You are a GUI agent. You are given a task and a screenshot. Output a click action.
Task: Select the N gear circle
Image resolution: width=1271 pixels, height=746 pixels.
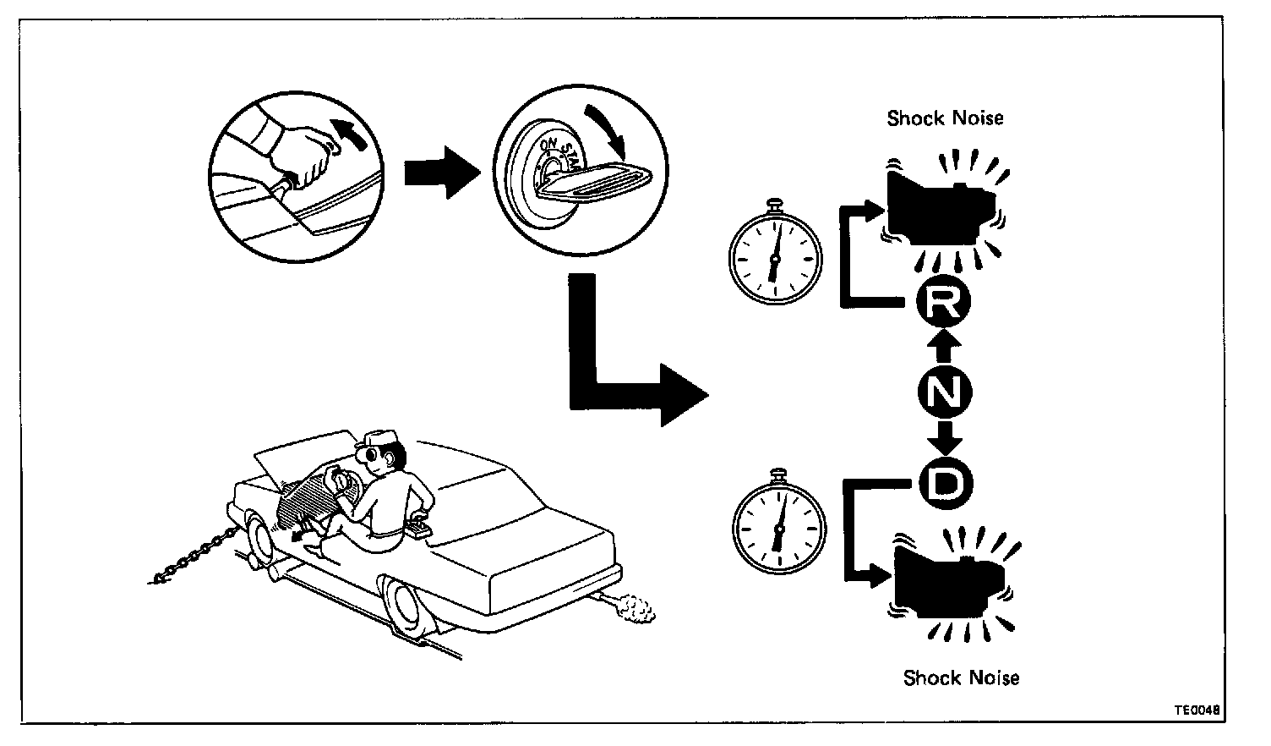pyautogui.click(x=944, y=391)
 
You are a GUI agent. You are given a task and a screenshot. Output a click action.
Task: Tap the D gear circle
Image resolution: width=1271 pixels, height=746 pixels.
pyautogui.click(x=945, y=484)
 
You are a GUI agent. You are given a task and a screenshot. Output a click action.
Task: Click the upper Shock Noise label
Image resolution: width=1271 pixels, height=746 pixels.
pyautogui.click(x=945, y=118)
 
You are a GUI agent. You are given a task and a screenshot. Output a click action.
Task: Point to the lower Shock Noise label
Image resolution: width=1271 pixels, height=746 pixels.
pyautogui.click(x=961, y=677)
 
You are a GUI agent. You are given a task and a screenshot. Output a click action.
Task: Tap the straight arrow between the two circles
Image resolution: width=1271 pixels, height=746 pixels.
pyautogui.click(x=442, y=170)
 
